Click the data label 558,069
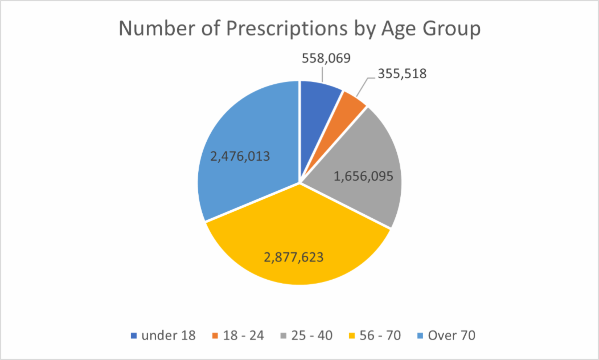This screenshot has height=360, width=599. [x=326, y=58]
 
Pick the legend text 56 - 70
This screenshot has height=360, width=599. [x=380, y=335]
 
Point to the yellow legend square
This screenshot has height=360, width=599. [x=352, y=336]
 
